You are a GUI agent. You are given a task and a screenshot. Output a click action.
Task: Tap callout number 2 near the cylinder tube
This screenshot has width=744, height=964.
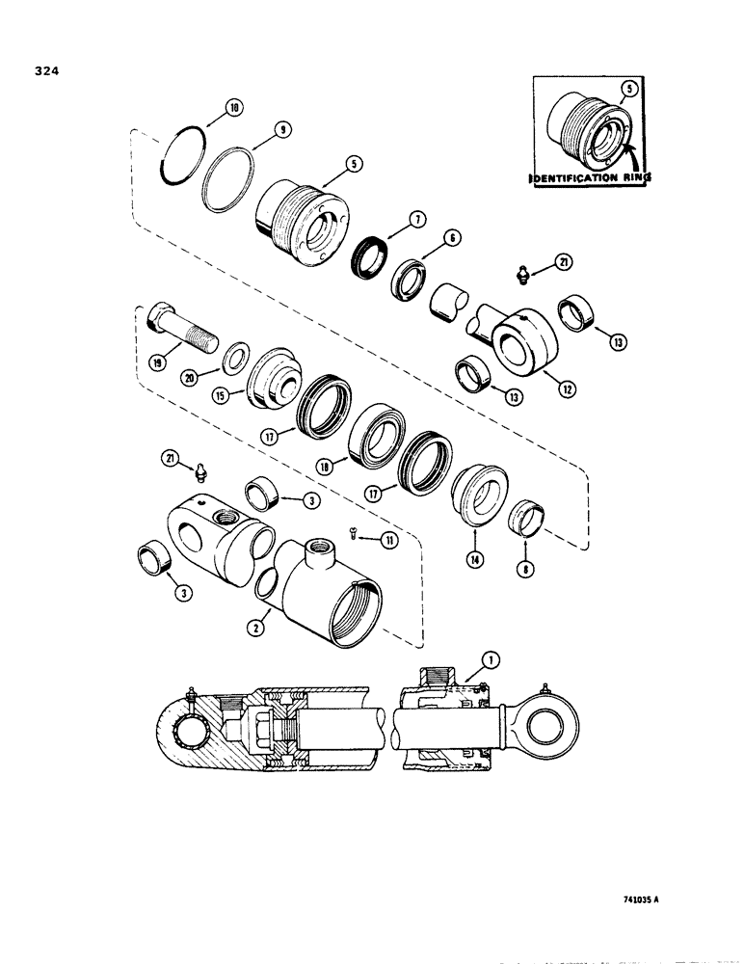coord(254,628)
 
